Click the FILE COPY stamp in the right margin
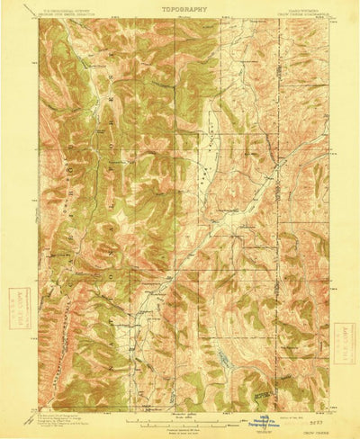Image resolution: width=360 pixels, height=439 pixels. coord(343,343)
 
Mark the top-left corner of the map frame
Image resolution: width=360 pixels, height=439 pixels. coord(39,21)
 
